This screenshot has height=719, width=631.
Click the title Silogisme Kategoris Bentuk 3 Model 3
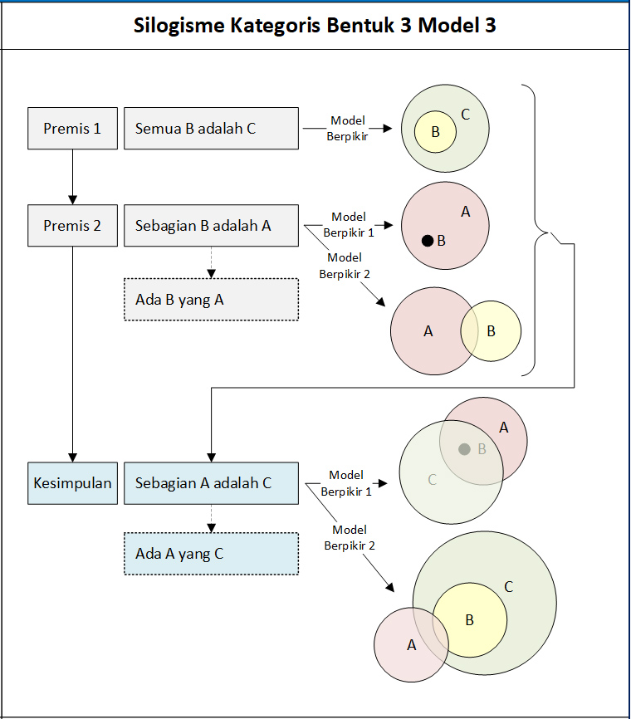(315, 25)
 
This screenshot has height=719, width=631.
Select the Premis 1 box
(72, 129)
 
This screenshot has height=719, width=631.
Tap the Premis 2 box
(72, 225)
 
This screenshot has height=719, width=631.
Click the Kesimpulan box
(72, 482)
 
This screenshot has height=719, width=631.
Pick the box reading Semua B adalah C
(211, 129)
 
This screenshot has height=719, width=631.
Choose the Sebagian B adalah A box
(211, 225)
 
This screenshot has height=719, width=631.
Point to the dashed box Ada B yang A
(211, 300)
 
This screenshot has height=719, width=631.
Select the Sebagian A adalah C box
(211, 482)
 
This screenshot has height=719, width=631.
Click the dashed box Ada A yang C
(211, 554)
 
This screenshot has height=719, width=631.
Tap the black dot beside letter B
(427, 241)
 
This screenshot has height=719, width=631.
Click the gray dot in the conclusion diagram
(465, 449)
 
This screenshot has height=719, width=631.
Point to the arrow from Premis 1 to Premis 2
(73, 177)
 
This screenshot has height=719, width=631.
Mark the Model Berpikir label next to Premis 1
(348, 128)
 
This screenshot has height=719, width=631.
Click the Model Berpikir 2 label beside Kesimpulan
(349, 537)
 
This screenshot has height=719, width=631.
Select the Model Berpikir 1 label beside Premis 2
(349, 225)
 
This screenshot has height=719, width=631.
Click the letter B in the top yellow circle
(435, 132)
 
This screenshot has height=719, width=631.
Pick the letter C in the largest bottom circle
(509, 587)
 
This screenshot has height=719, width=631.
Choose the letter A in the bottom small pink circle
(411, 644)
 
